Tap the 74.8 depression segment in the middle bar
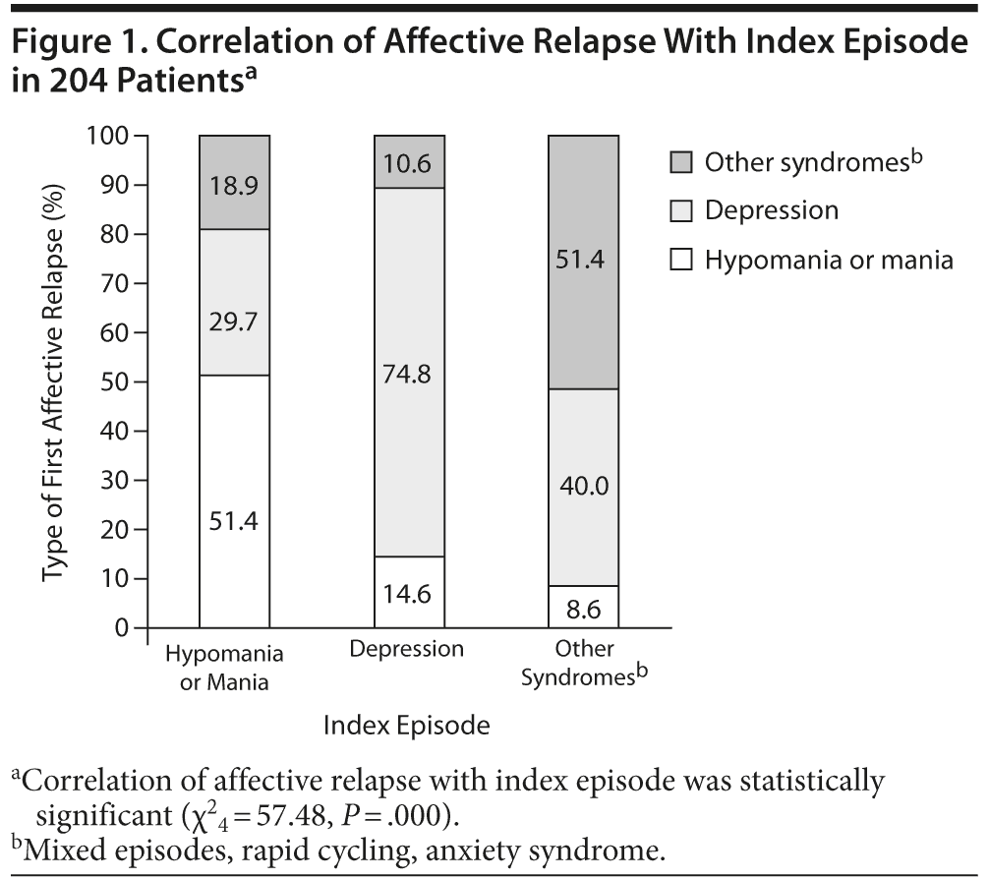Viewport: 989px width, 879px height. (x=409, y=375)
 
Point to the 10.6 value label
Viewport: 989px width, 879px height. (x=409, y=162)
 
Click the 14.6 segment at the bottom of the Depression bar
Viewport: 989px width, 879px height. (x=409, y=593)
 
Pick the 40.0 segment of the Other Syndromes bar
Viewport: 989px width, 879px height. (x=583, y=486)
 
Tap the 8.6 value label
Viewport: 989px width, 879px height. (x=583, y=609)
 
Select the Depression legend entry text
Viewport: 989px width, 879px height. (x=771, y=210)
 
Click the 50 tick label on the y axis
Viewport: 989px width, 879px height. (x=116, y=381)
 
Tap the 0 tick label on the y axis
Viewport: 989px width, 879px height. (x=124, y=627)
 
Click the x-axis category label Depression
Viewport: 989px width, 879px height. (x=407, y=649)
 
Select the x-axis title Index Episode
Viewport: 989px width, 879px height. (x=406, y=727)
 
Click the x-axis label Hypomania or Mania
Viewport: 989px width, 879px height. (x=224, y=667)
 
